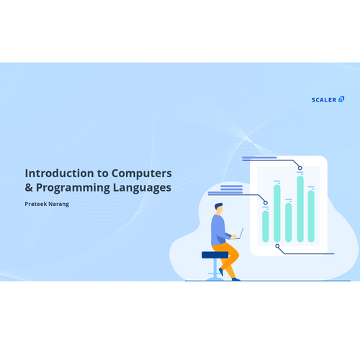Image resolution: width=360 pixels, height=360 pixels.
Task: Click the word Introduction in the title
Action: pyautogui.click(x=59, y=174)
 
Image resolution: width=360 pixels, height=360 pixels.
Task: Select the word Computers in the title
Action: pyautogui.click(x=142, y=174)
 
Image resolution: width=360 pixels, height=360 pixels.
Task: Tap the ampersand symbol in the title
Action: pyautogui.click(x=29, y=187)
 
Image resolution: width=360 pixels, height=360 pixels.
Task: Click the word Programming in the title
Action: pyautogui.click(x=73, y=188)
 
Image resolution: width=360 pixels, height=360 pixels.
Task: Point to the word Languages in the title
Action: pyautogui.click(x=142, y=188)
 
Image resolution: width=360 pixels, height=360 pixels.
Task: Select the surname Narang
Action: pyautogui.click(x=59, y=204)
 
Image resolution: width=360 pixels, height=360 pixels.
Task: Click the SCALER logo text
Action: pyautogui.click(x=324, y=100)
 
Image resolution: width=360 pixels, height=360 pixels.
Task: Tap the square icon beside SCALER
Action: pyautogui.click(x=341, y=99)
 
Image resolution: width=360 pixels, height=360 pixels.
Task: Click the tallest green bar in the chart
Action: pyautogui.click(x=300, y=209)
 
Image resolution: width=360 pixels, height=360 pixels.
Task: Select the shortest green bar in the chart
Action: pyautogui.click(x=266, y=226)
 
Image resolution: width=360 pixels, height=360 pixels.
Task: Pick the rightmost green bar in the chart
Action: pyautogui.click(x=311, y=216)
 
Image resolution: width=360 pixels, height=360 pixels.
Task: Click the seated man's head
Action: pyautogui.click(x=219, y=209)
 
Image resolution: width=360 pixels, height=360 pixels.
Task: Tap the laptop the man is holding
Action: pyautogui.click(x=240, y=234)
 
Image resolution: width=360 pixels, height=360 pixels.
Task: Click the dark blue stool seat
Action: pyautogui.click(x=215, y=255)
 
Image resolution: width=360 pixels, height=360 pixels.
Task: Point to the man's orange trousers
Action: pyautogui.click(x=228, y=258)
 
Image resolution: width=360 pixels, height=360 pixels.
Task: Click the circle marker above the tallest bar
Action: pyautogui.click(x=300, y=168)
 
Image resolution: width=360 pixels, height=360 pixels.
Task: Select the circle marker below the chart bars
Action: pyautogui.click(x=277, y=246)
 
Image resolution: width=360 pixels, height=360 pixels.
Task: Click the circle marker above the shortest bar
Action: pyautogui.click(x=266, y=203)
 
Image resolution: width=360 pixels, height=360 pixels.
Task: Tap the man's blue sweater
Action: pyautogui.click(x=219, y=230)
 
